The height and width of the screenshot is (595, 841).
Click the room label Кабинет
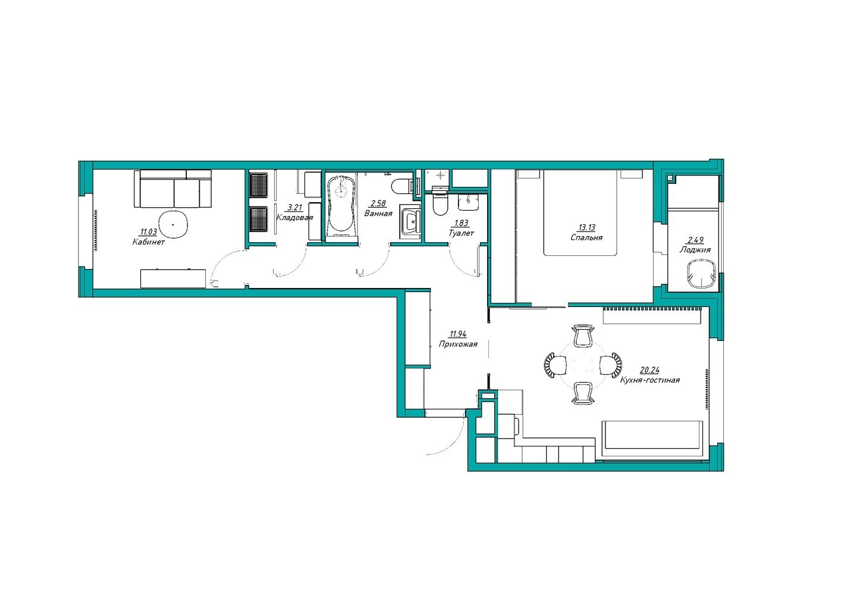coord(148,242)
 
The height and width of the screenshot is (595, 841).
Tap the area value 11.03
coord(148,232)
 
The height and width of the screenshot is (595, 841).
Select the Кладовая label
coord(294,218)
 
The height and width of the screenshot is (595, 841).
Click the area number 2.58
coord(378,203)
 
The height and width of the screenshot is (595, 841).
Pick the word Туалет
coord(461,233)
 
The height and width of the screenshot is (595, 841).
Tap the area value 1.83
coord(461,223)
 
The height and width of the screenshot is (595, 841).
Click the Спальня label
coord(586,237)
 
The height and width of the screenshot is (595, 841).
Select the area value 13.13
coord(587,227)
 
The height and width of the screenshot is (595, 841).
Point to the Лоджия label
coord(695,249)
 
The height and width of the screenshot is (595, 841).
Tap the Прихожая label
coord(458,344)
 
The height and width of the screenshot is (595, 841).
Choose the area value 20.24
coord(649,370)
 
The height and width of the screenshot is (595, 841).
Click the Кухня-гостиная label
coord(649,380)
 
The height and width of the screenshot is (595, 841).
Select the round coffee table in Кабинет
coord(173,224)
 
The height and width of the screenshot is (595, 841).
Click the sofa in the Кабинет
coord(173,188)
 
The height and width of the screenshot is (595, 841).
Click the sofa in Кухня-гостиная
coord(652,440)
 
